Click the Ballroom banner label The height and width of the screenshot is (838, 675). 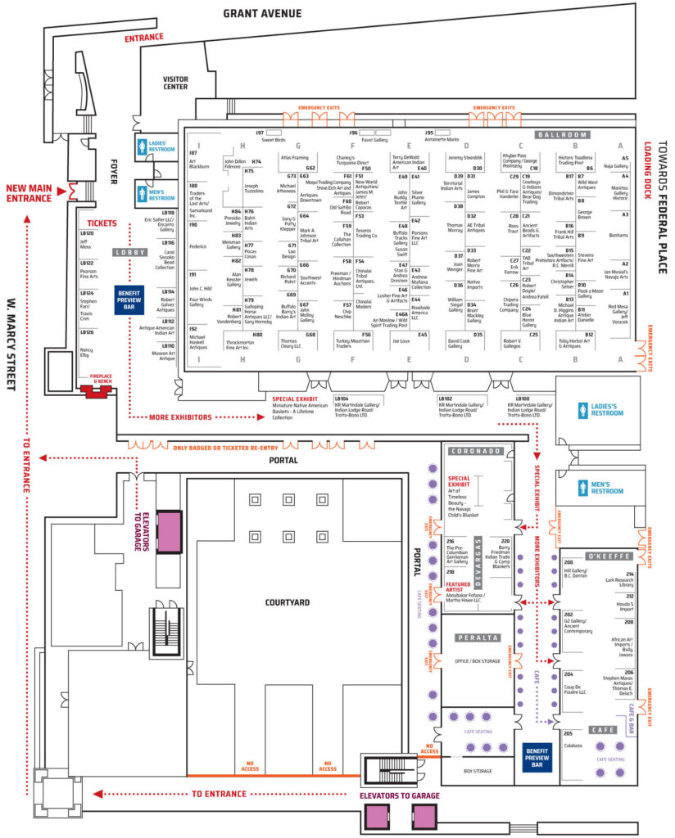click(563, 134)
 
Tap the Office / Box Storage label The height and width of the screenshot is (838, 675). click(478, 661)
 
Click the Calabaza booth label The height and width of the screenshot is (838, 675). click(573, 745)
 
